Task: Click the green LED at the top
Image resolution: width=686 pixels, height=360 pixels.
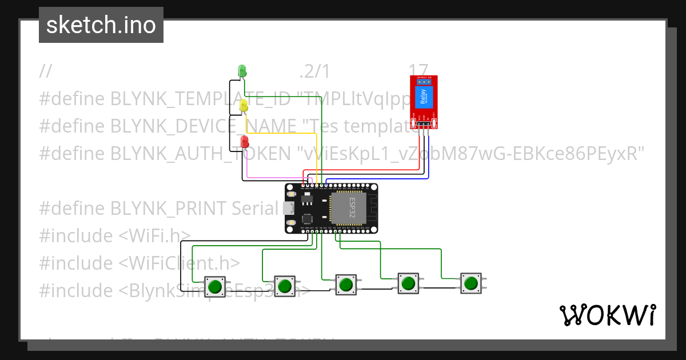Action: pos(242,71)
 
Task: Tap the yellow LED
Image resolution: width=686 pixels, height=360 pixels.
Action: pos(244,106)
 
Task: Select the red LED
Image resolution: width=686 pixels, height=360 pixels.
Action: pos(245,141)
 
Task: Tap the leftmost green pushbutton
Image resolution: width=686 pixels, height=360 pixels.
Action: pos(215,286)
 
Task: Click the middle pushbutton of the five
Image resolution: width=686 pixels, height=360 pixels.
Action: pos(345,284)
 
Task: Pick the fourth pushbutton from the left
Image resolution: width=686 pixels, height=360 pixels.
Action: pos(408,283)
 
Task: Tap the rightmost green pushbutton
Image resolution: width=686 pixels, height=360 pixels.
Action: pos(470,283)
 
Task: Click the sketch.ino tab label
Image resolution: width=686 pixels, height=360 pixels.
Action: pos(101,25)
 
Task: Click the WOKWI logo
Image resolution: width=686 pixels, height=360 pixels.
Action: pos(607,315)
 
